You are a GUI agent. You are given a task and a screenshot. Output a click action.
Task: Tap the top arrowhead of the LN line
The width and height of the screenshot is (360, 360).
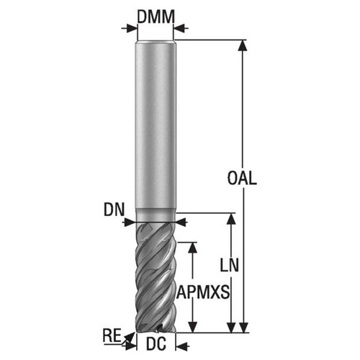click(230, 218)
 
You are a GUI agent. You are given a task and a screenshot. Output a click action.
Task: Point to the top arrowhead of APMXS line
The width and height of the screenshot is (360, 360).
click(192, 246)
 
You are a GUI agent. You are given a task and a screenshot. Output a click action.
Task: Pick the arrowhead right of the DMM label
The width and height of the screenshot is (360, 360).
click(180, 29)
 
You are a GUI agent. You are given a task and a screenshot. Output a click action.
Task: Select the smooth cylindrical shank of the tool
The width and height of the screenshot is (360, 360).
click(156, 122)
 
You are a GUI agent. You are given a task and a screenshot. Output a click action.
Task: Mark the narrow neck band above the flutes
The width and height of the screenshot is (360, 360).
click(156, 215)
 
